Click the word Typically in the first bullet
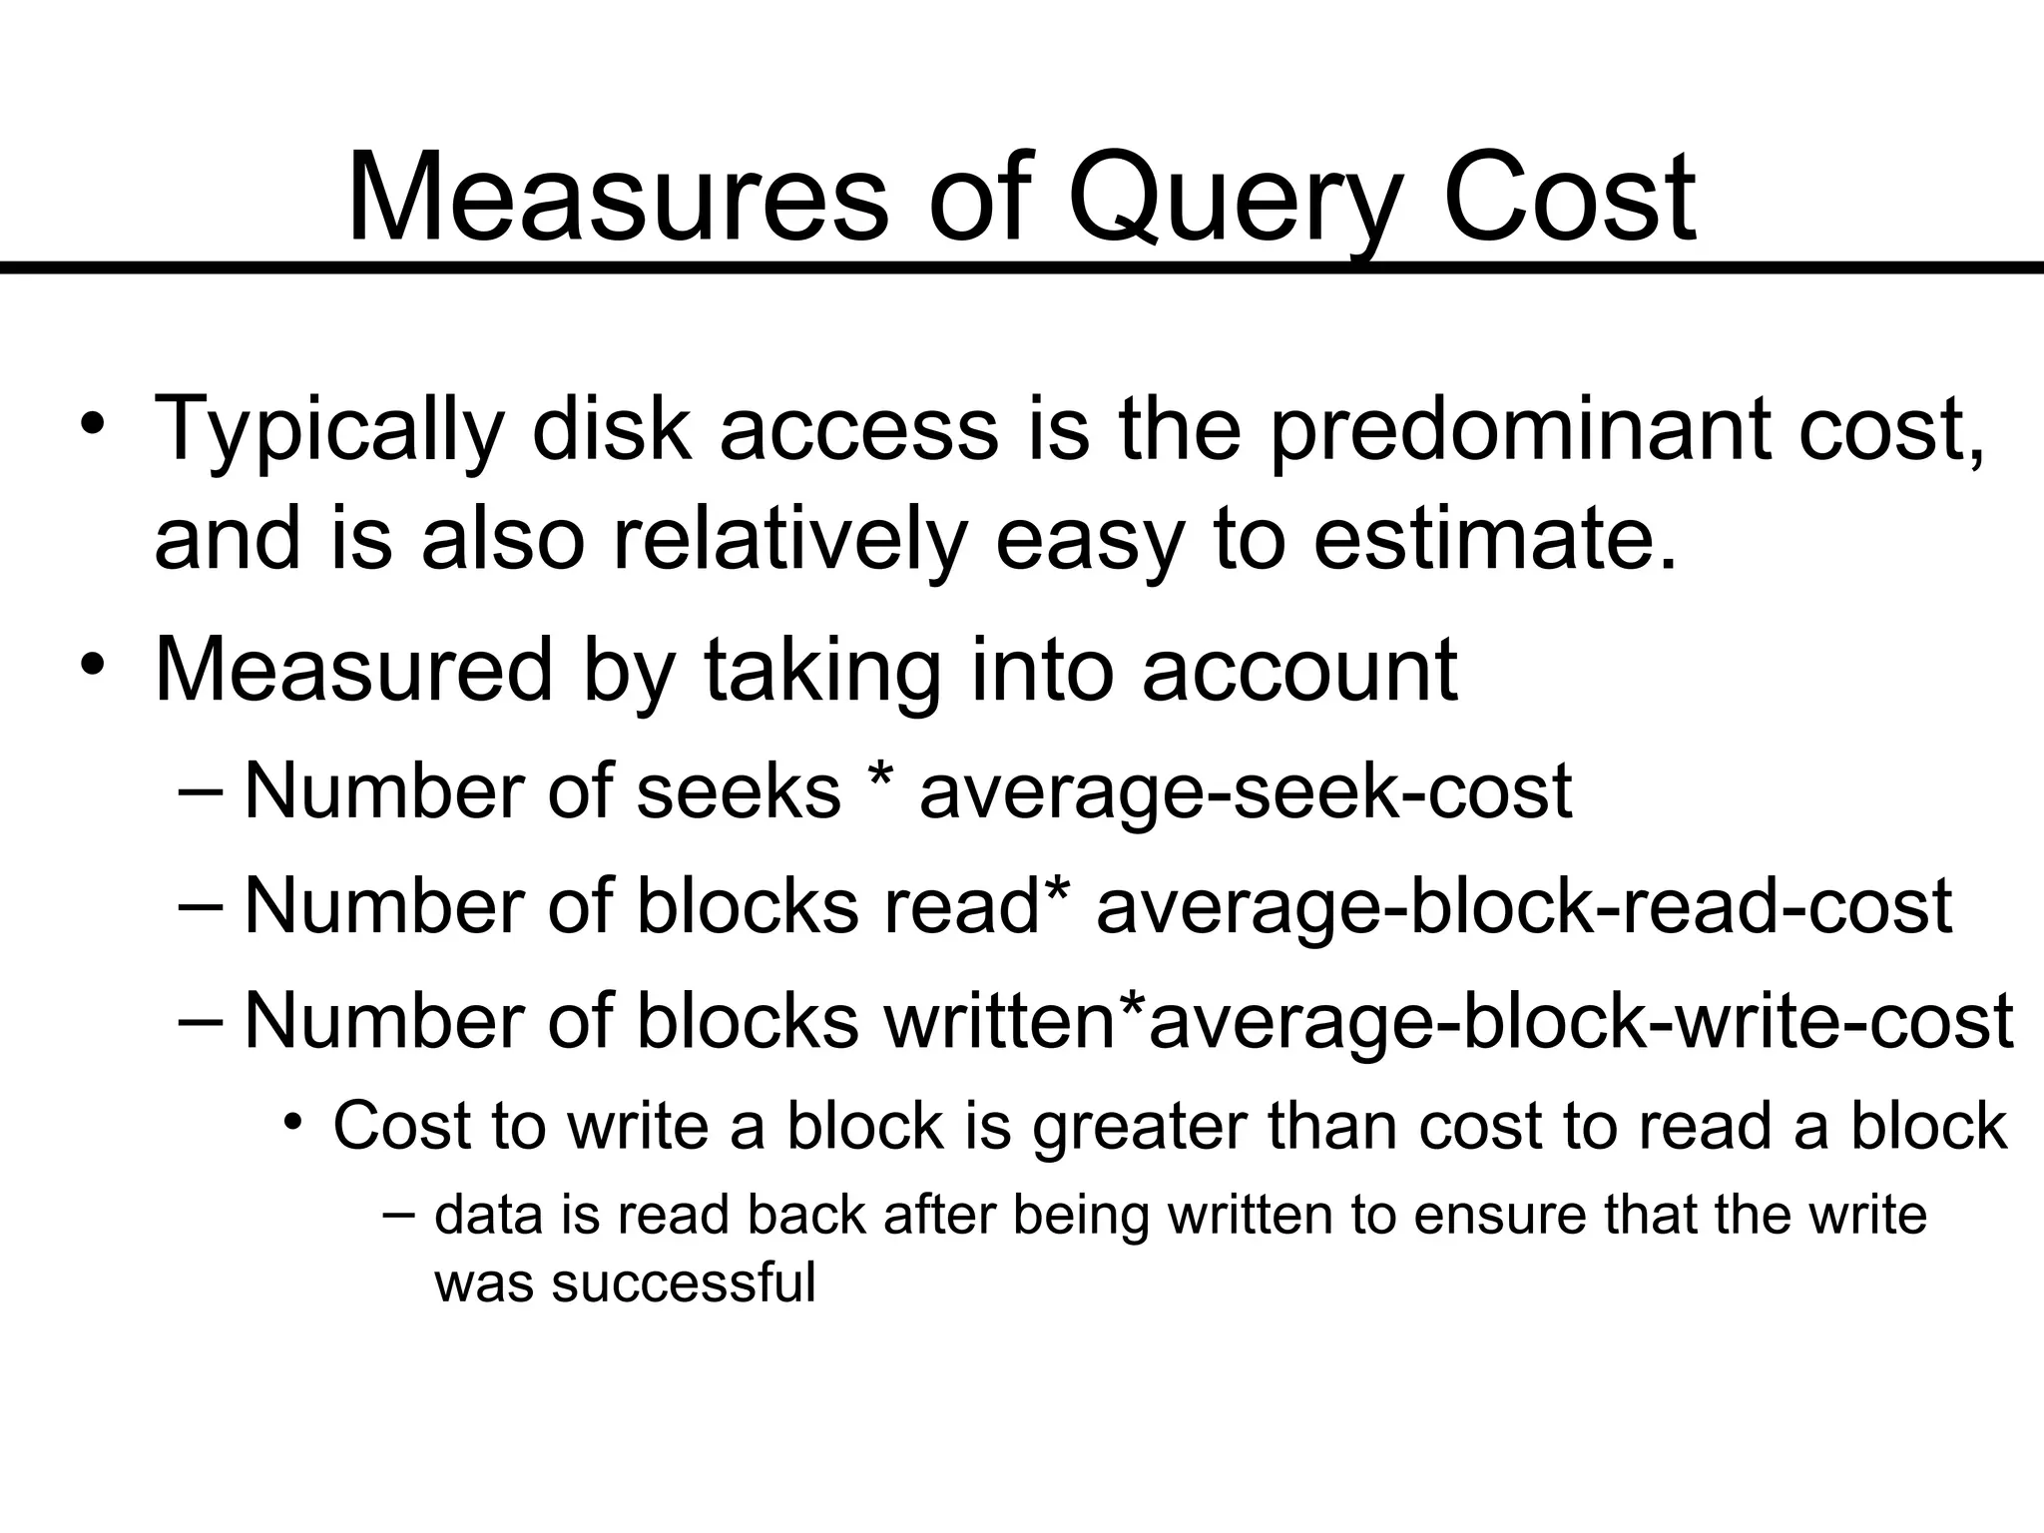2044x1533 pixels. pyautogui.click(x=328, y=431)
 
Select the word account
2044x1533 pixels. pyautogui.click(x=1299, y=671)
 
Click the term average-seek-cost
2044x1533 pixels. pyautogui.click(x=1246, y=790)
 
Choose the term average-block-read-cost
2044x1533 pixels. pyautogui.click(x=1524, y=906)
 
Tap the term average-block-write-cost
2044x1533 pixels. pyautogui.click(x=1581, y=1021)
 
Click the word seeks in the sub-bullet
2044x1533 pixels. pyautogui.click(x=739, y=790)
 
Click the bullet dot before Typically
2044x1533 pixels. pyautogui.click(x=93, y=422)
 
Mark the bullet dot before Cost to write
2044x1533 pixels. pyautogui.click(x=291, y=1123)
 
